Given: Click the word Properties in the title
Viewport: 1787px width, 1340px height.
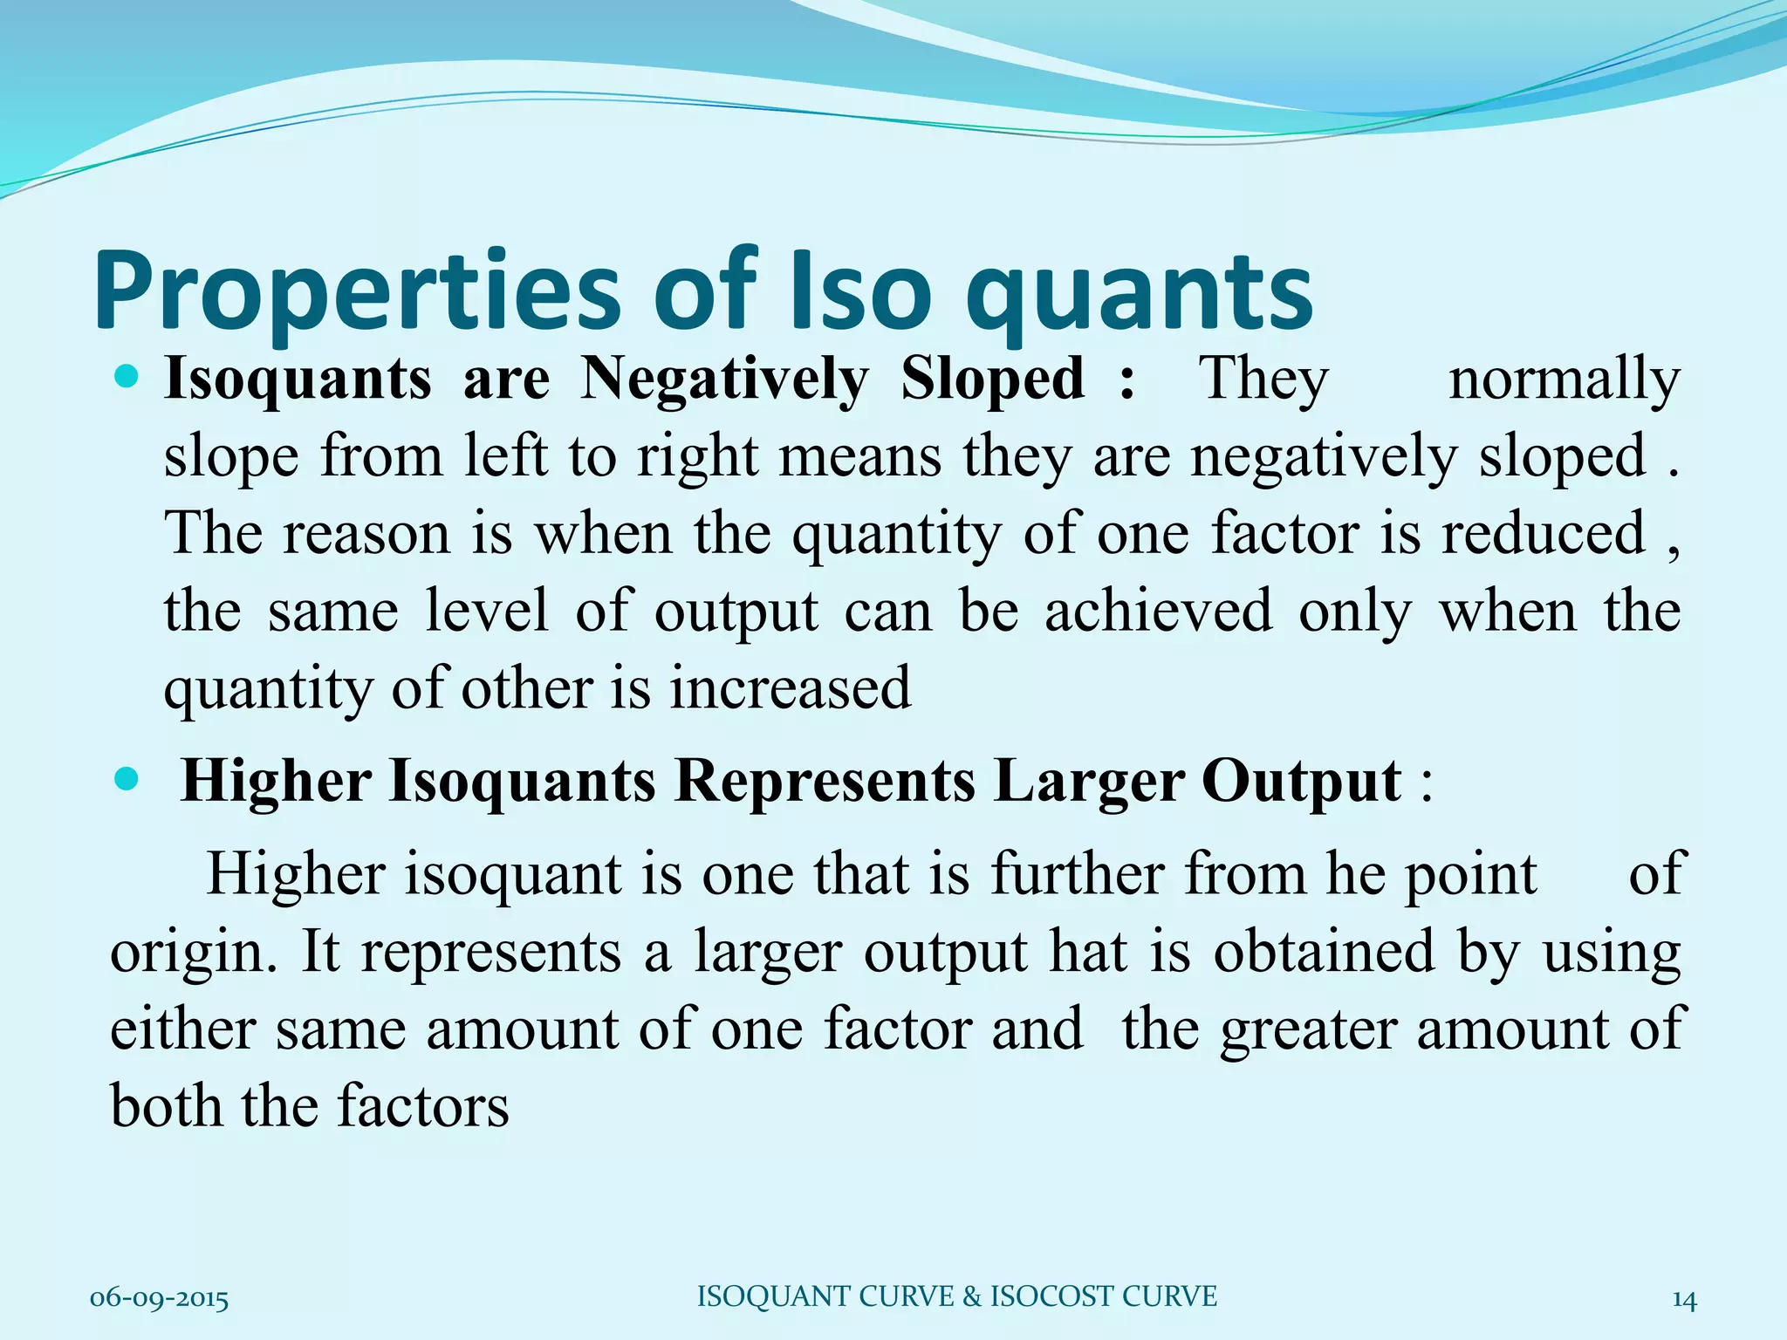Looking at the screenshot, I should (x=358, y=292).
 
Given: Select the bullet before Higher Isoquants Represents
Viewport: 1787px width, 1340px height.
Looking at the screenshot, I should (x=127, y=778).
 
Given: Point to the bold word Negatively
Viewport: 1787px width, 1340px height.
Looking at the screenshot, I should (x=725, y=380).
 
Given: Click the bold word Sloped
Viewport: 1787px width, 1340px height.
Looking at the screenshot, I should (x=992, y=380).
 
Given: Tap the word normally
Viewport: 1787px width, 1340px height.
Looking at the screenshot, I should (x=1564, y=380).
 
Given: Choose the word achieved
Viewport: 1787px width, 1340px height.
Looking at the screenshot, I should (x=1158, y=611).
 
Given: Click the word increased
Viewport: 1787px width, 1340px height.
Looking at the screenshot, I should (x=790, y=687).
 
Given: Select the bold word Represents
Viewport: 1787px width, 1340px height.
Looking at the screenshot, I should (x=825, y=781).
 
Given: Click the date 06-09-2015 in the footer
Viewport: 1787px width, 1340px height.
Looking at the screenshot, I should (x=159, y=1300).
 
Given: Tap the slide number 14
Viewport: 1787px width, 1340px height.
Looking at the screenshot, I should (x=1684, y=1300).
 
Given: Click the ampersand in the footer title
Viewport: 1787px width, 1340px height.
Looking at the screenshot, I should (x=972, y=1296).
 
